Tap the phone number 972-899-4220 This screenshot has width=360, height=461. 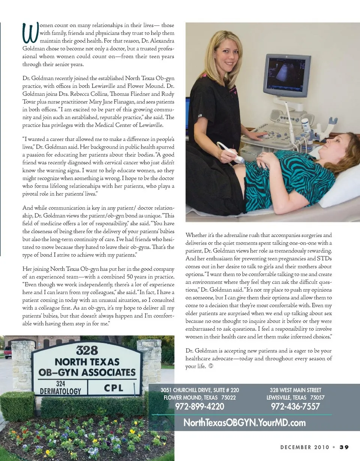pyautogui.click(x=199, y=406)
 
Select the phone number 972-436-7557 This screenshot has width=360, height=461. pyautogui.click(x=295, y=406)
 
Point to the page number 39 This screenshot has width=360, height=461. pyautogui.click(x=344, y=447)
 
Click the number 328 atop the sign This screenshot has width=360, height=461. pyautogui.click(x=87, y=350)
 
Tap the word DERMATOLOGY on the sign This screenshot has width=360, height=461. pyautogui.click(x=60, y=391)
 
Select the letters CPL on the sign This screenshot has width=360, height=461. pyautogui.click(x=114, y=388)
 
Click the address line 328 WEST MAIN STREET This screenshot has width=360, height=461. pyautogui.click(x=295, y=390)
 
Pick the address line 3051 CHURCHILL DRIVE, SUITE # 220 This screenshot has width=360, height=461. pyautogui.click(x=199, y=390)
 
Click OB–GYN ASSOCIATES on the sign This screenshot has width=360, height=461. pyautogui.click(x=87, y=373)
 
